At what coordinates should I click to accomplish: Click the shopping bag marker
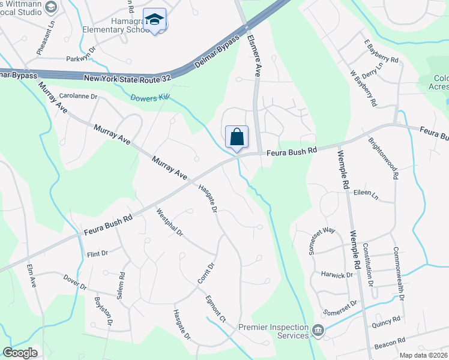237,137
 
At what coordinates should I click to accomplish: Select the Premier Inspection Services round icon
318,329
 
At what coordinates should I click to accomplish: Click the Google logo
20,353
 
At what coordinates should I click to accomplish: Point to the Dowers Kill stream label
150,97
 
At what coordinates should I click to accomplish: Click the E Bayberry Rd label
381,52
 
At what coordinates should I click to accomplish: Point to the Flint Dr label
96,254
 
